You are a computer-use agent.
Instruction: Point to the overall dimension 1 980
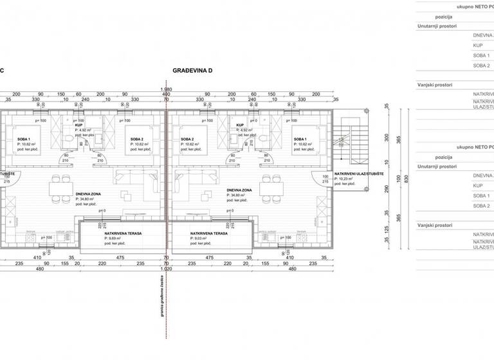point(166,89)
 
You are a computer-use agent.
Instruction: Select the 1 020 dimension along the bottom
point(166,269)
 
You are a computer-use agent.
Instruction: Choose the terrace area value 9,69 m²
point(116,239)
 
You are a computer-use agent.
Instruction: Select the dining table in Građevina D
point(270,188)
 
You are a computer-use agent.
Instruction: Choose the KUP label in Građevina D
point(241,125)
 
